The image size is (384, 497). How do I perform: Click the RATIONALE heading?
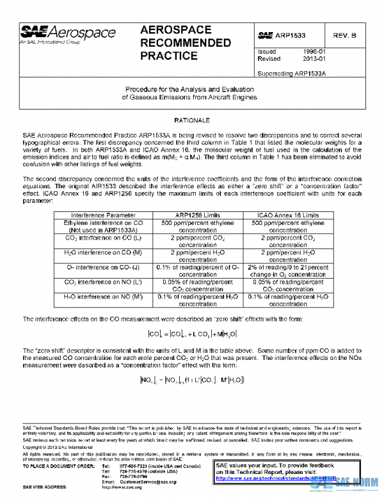pos(192,120)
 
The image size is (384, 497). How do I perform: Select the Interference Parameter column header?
pos(103,215)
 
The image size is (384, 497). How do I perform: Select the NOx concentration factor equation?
pos(192,379)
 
